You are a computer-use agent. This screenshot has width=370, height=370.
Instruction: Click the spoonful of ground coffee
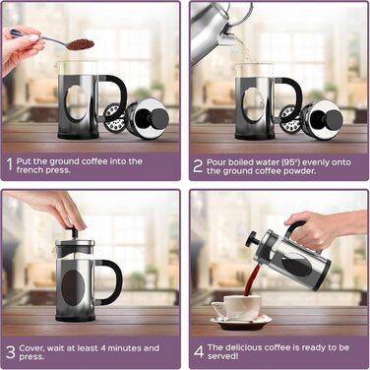tap(81, 44)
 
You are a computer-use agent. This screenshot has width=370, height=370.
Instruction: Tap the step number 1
tap(10, 164)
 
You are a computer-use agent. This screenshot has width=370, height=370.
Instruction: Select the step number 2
tap(198, 165)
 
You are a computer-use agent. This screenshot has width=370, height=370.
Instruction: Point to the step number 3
tap(11, 352)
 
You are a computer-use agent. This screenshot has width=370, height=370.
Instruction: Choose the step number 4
tap(199, 351)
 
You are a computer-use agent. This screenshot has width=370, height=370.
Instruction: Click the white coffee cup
tap(238, 307)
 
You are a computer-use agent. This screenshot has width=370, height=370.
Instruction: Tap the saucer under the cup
tap(241, 323)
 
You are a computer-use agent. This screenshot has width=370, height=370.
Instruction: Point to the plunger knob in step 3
tap(73, 232)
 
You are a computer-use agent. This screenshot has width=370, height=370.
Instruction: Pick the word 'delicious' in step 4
tap(243, 347)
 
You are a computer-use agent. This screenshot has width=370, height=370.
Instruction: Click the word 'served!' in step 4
tap(222, 356)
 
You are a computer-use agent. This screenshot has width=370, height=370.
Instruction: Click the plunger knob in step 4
tap(251, 239)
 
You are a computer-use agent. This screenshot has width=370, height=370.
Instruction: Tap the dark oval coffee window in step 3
tap(73, 287)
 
